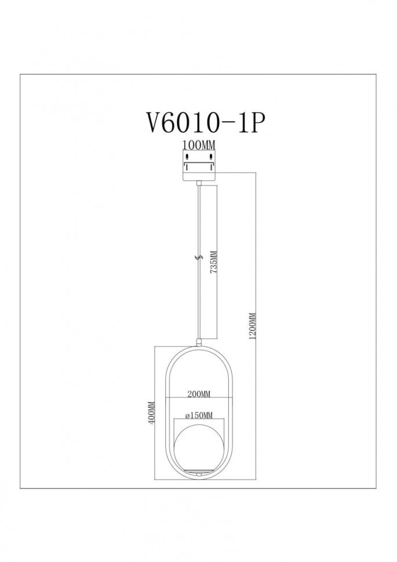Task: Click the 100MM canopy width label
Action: (199, 145)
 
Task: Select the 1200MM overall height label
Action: (252, 327)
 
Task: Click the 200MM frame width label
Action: (199, 394)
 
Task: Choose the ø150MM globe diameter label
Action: (199, 415)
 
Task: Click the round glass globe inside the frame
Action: (199, 448)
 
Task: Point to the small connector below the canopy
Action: (199, 182)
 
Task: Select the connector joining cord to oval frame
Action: (199, 344)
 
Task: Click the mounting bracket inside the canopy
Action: (199, 163)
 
